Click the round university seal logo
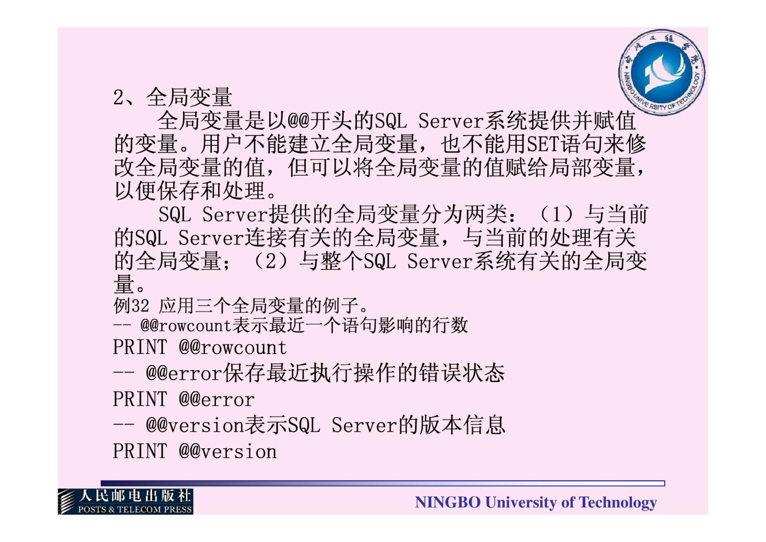pyautogui.click(x=662, y=72)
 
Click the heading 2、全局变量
pyautogui.click(x=172, y=97)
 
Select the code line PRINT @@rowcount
pyautogui.click(x=200, y=347)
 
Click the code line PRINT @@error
pyautogui.click(x=184, y=399)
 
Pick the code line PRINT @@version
pyautogui.click(x=195, y=451)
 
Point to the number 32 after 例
pyautogui.click(x=140, y=305)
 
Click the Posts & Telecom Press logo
pyautogui.click(x=126, y=501)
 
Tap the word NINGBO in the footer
pyautogui.click(x=448, y=502)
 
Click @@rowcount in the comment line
pyautogui.click(x=186, y=325)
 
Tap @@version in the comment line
pyautogui.click(x=195, y=425)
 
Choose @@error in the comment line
pyautogui.click(x=184, y=373)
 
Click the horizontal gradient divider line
pyautogui.click(x=383, y=483)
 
